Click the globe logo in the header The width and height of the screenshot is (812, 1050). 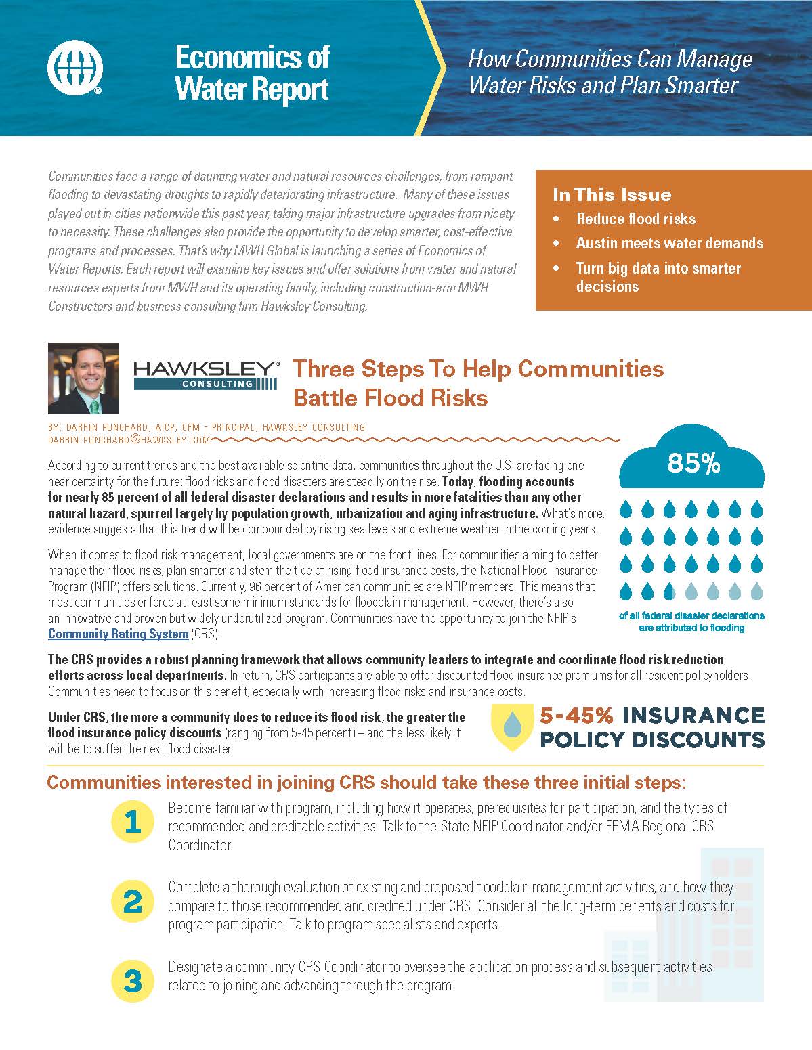pyautogui.click(x=74, y=68)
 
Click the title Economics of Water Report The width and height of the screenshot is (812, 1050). pyautogui.click(x=252, y=73)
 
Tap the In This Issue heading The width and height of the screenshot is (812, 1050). pyautogui.click(x=612, y=195)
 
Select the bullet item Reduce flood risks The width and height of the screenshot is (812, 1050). pyautogui.click(x=635, y=219)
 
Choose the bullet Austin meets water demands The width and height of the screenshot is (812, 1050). pyautogui.click(x=669, y=243)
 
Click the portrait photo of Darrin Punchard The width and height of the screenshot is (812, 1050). pyautogui.click(x=83, y=378)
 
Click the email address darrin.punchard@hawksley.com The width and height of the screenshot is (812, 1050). pyautogui.click(x=129, y=440)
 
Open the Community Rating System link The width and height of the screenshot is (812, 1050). pyautogui.click(x=118, y=634)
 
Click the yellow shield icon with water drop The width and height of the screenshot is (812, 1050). pyautogui.click(x=513, y=727)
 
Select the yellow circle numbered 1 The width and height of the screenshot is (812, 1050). pyautogui.click(x=133, y=822)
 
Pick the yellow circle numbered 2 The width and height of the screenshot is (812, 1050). pyautogui.click(x=133, y=902)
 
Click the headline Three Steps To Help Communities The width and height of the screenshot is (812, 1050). pyautogui.click(x=477, y=369)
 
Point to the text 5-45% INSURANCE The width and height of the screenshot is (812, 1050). pyautogui.click(x=651, y=716)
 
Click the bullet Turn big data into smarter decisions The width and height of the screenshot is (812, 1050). pyautogui.click(x=658, y=277)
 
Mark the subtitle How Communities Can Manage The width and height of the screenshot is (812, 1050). pyautogui.click(x=610, y=59)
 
